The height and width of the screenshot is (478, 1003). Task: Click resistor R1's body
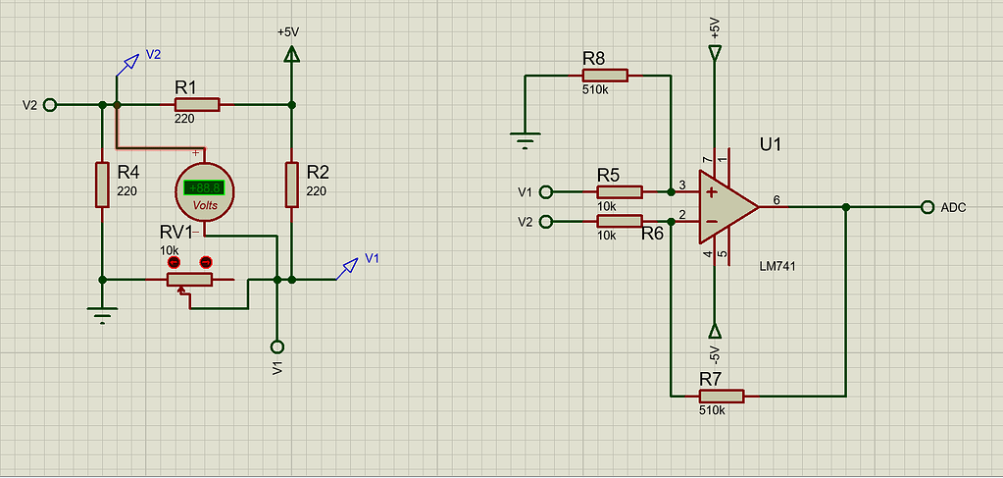click(x=197, y=104)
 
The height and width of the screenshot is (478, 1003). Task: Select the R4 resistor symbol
click(x=102, y=186)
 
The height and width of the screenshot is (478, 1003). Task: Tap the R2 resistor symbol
click(x=292, y=186)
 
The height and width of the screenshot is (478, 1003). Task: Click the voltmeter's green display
click(x=204, y=187)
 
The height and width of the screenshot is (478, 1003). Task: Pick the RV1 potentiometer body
click(x=189, y=280)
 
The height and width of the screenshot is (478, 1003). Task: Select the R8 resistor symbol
click(x=605, y=75)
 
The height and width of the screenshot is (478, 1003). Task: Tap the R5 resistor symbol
click(x=620, y=191)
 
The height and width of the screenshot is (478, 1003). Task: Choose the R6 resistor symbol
click(x=620, y=222)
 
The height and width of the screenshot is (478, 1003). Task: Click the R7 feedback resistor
click(x=722, y=396)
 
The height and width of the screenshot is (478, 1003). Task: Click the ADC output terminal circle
click(x=927, y=207)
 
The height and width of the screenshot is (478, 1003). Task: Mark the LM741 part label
click(x=778, y=267)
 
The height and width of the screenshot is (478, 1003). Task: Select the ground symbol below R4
click(x=102, y=315)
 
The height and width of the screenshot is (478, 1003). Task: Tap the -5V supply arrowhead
click(x=715, y=331)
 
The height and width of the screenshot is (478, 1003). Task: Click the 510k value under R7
click(x=712, y=410)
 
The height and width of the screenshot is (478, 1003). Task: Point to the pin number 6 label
click(x=777, y=200)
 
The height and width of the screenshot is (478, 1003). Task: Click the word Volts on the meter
click(x=205, y=206)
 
